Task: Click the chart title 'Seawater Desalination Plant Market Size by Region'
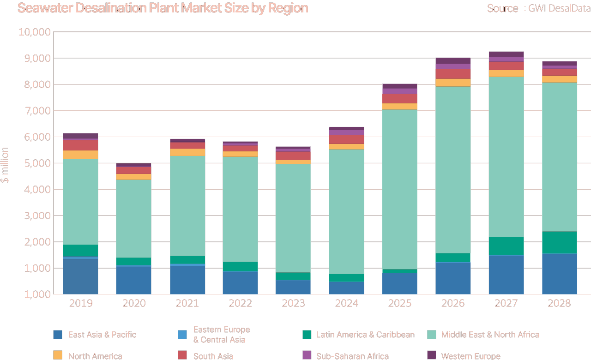(x=163, y=8)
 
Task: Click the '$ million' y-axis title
(x=5, y=165)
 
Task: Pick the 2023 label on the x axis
(x=293, y=303)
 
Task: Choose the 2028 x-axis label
(x=559, y=303)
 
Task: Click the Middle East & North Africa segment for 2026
(x=453, y=170)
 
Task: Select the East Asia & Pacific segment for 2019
(x=80, y=276)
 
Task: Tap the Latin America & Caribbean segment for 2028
(x=559, y=242)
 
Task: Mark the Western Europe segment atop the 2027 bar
(x=506, y=54)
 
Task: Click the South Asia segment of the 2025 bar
(x=399, y=98)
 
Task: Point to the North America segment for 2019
(x=80, y=155)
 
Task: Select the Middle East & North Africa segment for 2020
(x=133, y=218)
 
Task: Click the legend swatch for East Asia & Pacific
(x=58, y=335)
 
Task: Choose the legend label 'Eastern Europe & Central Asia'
(x=221, y=335)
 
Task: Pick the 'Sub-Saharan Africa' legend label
(x=352, y=356)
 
